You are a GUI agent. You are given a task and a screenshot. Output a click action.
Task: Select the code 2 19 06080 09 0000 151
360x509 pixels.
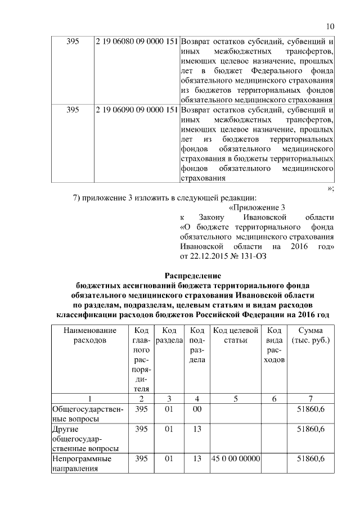click(137, 42)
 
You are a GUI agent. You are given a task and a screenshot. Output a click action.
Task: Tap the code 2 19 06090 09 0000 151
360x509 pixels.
click(137, 110)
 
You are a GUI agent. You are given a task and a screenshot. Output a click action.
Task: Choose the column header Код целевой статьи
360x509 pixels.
click(236, 335)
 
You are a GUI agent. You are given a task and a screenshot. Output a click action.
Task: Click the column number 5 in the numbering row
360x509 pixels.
click(236, 399)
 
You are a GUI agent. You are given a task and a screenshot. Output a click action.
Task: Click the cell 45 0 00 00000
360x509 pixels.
click(236, 459)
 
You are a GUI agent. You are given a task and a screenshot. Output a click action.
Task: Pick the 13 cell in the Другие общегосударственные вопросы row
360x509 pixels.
click(197, 430)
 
